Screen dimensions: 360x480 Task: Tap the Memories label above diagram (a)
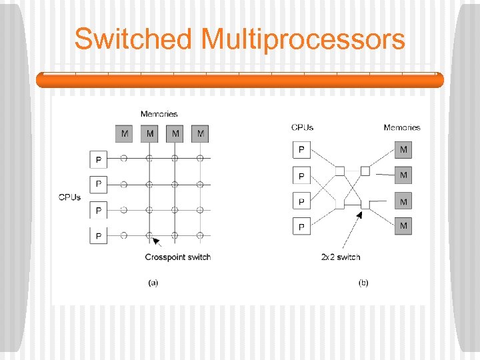coord(159,114)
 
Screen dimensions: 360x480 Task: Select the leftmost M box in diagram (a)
coord(125,134)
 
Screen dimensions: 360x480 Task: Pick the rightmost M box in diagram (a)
coord(201,134)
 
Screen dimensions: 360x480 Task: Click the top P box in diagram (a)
coord(99,159)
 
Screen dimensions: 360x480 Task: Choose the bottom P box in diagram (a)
coord(99,235)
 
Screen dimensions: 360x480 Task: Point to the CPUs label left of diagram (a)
coord(70,197)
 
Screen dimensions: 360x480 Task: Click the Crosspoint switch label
coord(177,257)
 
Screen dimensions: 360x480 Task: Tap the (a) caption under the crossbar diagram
coord(153,283)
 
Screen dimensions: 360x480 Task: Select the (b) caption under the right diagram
coord(363,283)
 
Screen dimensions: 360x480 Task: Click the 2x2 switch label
coord(340,257)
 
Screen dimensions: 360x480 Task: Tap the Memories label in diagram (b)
coord(402,127)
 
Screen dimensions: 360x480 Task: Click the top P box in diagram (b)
coord(301,149)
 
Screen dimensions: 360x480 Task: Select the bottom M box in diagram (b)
coord(403,226)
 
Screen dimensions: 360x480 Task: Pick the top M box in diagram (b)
coord(403,149)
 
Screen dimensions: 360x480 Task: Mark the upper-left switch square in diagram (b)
coord(340,171)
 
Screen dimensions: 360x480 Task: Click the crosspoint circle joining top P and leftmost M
coord(125,159)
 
